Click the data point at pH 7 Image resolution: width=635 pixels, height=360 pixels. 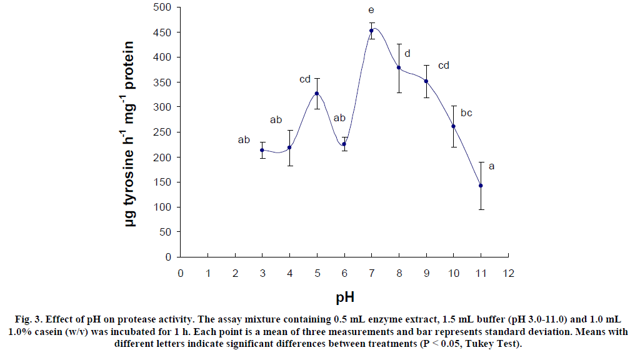tap(371, 30)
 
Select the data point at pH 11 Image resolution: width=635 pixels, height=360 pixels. tap(481, 186)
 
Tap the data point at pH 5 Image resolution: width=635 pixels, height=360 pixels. tap(317, 93)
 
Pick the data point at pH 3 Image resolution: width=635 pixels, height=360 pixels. tap(262, 150)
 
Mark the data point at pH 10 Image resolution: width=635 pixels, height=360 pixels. tap(453, 126)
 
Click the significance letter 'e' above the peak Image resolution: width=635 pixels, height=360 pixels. tap(371, 11)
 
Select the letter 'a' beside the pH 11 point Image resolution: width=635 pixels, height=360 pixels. tap(491, 166)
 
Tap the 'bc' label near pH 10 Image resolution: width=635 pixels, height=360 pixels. tap(466, 113)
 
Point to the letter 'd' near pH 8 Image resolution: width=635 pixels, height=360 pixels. tap(407, 54)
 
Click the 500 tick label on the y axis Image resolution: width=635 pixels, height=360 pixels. tap(163, 7)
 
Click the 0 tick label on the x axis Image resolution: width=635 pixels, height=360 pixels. tap(180, 272)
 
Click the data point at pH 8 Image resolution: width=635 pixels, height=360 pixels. tap(399, 67)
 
